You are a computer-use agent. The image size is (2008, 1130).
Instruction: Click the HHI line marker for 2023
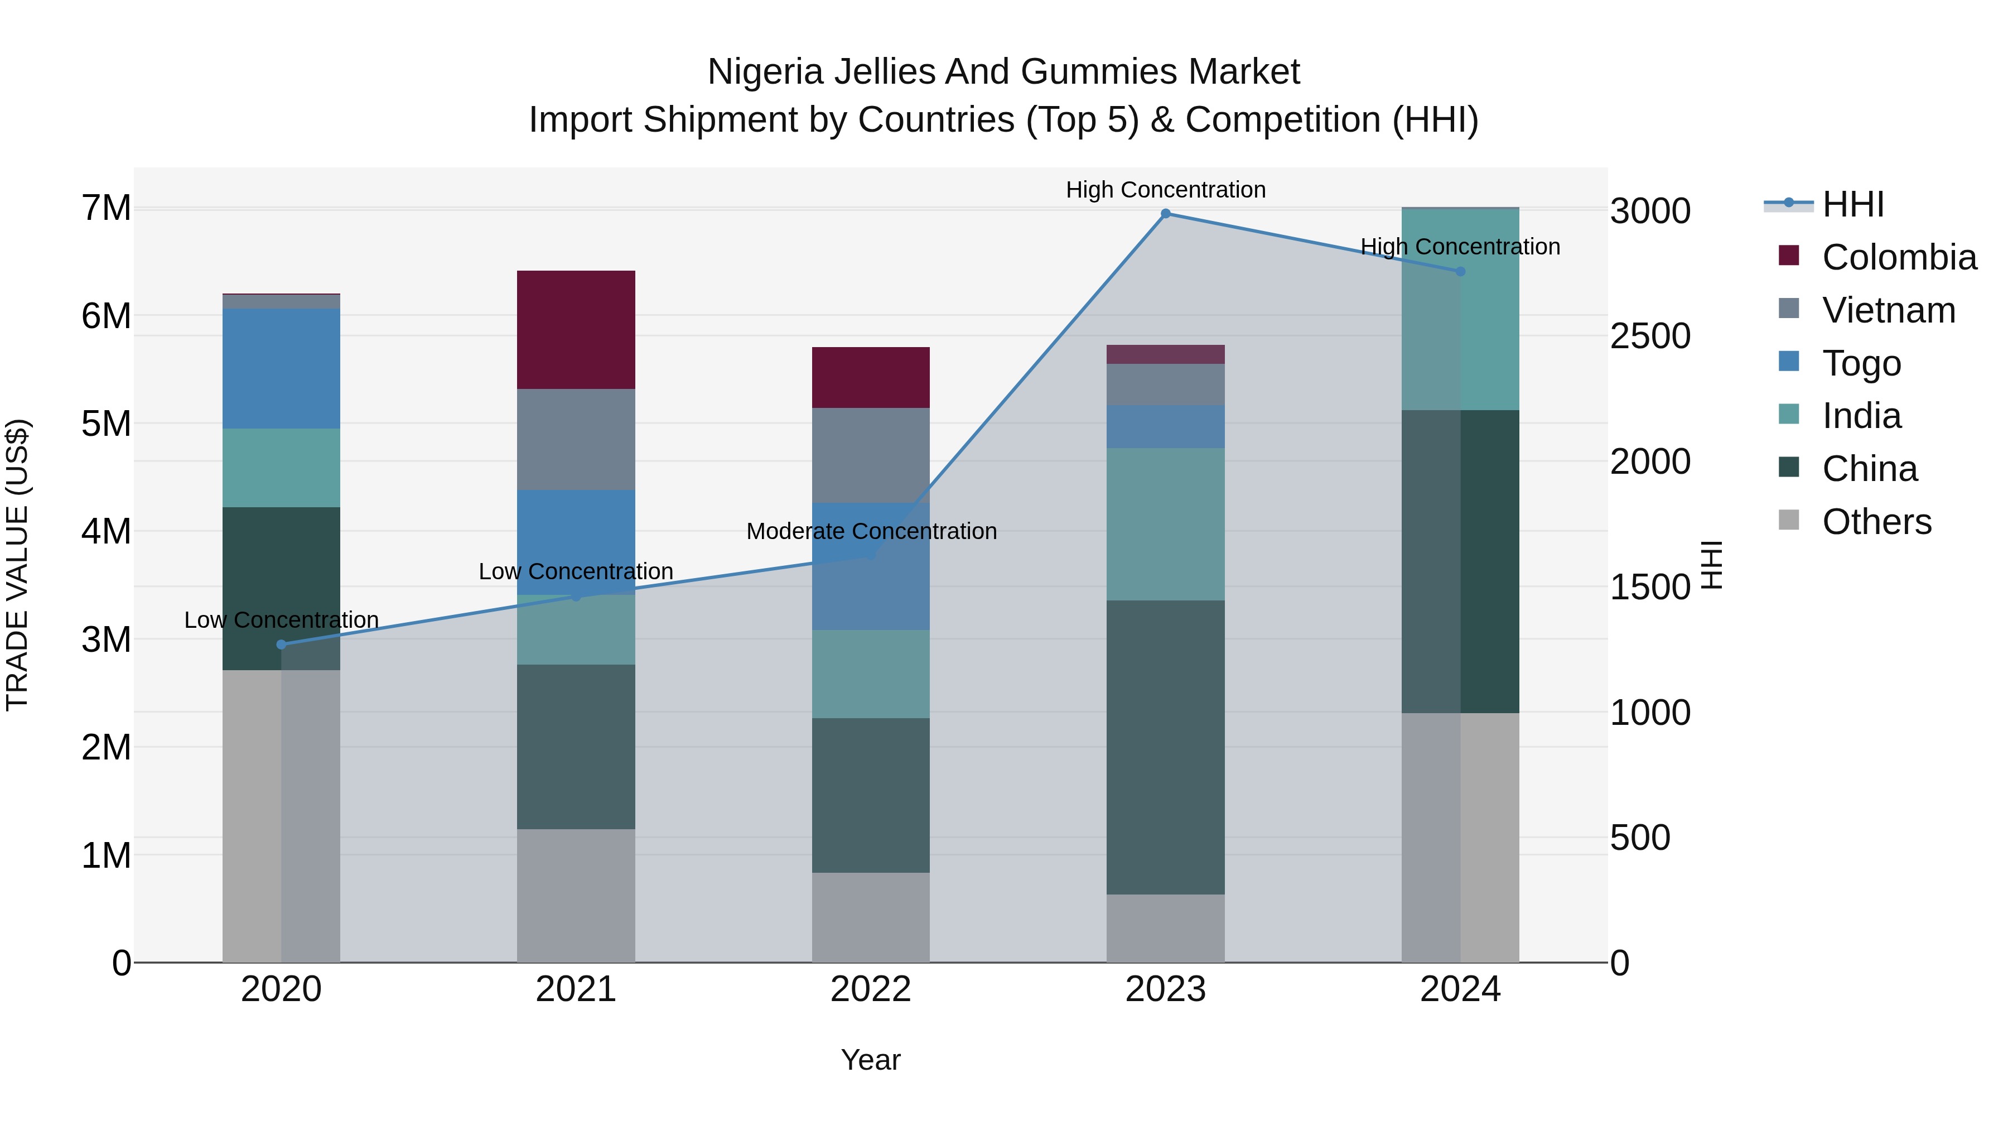click(x=1165, y=214)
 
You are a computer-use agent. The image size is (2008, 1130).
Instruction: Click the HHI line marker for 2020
click(x=282, y=644)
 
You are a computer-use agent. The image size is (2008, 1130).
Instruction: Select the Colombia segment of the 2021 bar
click(x=576, y=329)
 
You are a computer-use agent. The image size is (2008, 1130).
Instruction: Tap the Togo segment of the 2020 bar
click(x=282, y=368)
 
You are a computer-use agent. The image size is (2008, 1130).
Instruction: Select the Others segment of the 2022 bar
click(x=871, y=916)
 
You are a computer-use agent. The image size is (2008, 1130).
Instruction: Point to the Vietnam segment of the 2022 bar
click(x=871, y=455)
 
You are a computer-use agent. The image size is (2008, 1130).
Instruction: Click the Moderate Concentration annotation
click(x=871, y=531)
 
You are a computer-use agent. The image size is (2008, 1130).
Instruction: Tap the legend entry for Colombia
click(x=1899, y=257)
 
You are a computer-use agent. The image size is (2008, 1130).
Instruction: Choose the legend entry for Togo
click(x=1861, y=363)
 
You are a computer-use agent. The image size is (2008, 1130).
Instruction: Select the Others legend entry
click(x=1876, y=522)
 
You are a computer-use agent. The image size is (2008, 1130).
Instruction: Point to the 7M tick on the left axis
click(x=106, y=208)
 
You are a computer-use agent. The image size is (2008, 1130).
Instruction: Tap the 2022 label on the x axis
click(x=871, y=989)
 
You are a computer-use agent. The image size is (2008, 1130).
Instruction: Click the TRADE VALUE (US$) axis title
click(x=17, y=565)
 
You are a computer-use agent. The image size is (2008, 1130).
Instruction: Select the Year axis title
click(x=871, y=1060)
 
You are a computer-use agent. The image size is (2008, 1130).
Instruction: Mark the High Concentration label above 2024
click(x=1460, y=247)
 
